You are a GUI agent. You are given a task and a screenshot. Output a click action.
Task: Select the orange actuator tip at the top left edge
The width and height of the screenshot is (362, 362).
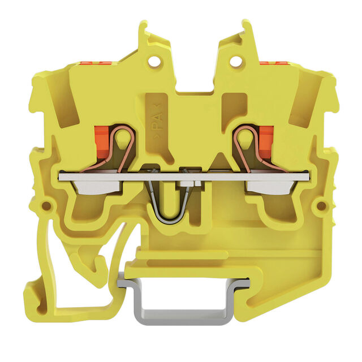point(95,63)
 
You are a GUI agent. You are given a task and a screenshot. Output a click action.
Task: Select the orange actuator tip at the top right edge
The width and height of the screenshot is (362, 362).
point(271,63)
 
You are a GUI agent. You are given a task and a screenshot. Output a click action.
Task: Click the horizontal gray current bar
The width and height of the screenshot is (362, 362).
point(184,177)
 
